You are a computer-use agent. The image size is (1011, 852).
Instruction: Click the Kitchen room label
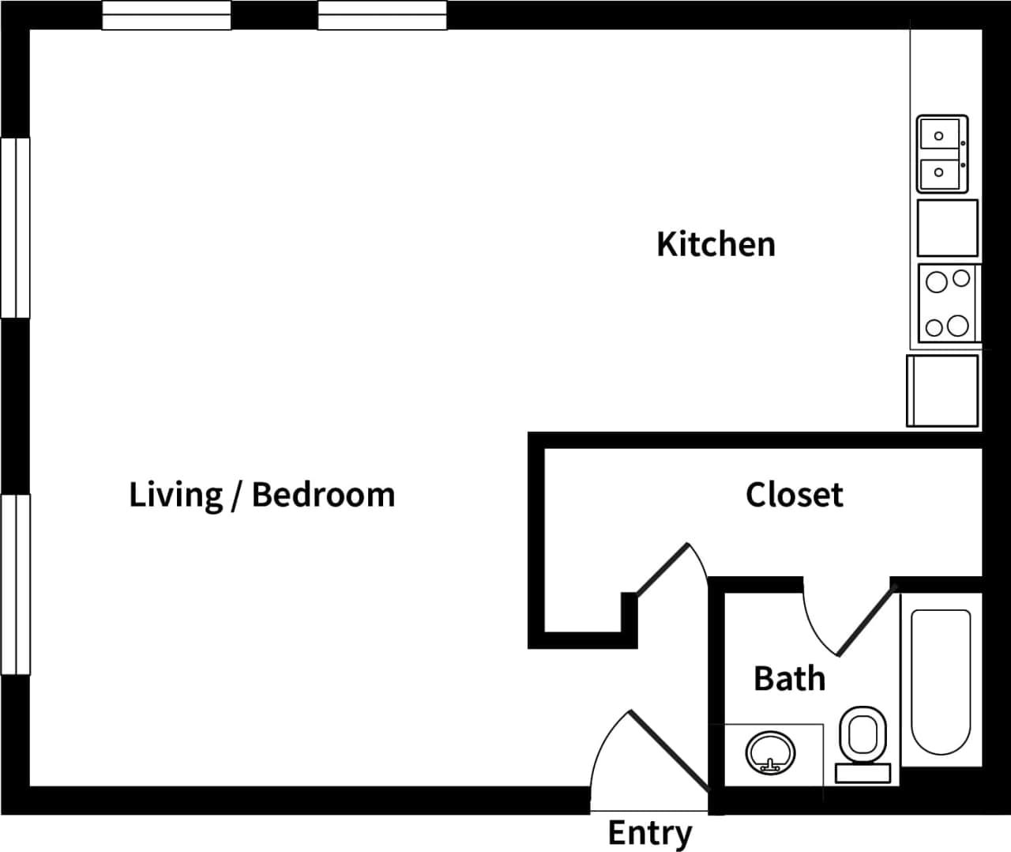click(x=716, y=244)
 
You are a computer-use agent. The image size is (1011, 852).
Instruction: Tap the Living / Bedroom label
click(x=261, y=495)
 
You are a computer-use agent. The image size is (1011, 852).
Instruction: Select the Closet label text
click(x=794, y=495)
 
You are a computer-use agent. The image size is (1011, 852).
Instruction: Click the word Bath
click(x=789, y=678)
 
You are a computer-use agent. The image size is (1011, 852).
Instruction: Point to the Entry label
click(x=649, y=833)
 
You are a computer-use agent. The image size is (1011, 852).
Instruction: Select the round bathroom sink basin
click(x=769, y=752)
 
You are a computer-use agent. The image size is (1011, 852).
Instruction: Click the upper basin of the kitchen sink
click(x=939, y=136)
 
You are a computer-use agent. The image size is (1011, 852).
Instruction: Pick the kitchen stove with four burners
click(x=948, y=302)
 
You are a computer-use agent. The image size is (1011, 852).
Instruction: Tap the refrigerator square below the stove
click(x=943, y=390)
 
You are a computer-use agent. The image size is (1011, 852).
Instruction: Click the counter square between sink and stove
click(x=947, y=228)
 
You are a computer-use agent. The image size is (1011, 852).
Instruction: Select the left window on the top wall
click(x=167, y=15)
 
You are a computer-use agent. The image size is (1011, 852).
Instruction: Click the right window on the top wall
click(x=382, y=15)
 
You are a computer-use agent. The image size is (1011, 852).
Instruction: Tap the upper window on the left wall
click(x=15, y=228)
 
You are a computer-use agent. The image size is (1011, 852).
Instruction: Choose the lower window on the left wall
click(x=15, y=584)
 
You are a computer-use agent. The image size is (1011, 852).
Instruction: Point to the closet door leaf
click(x=662, y=567)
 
